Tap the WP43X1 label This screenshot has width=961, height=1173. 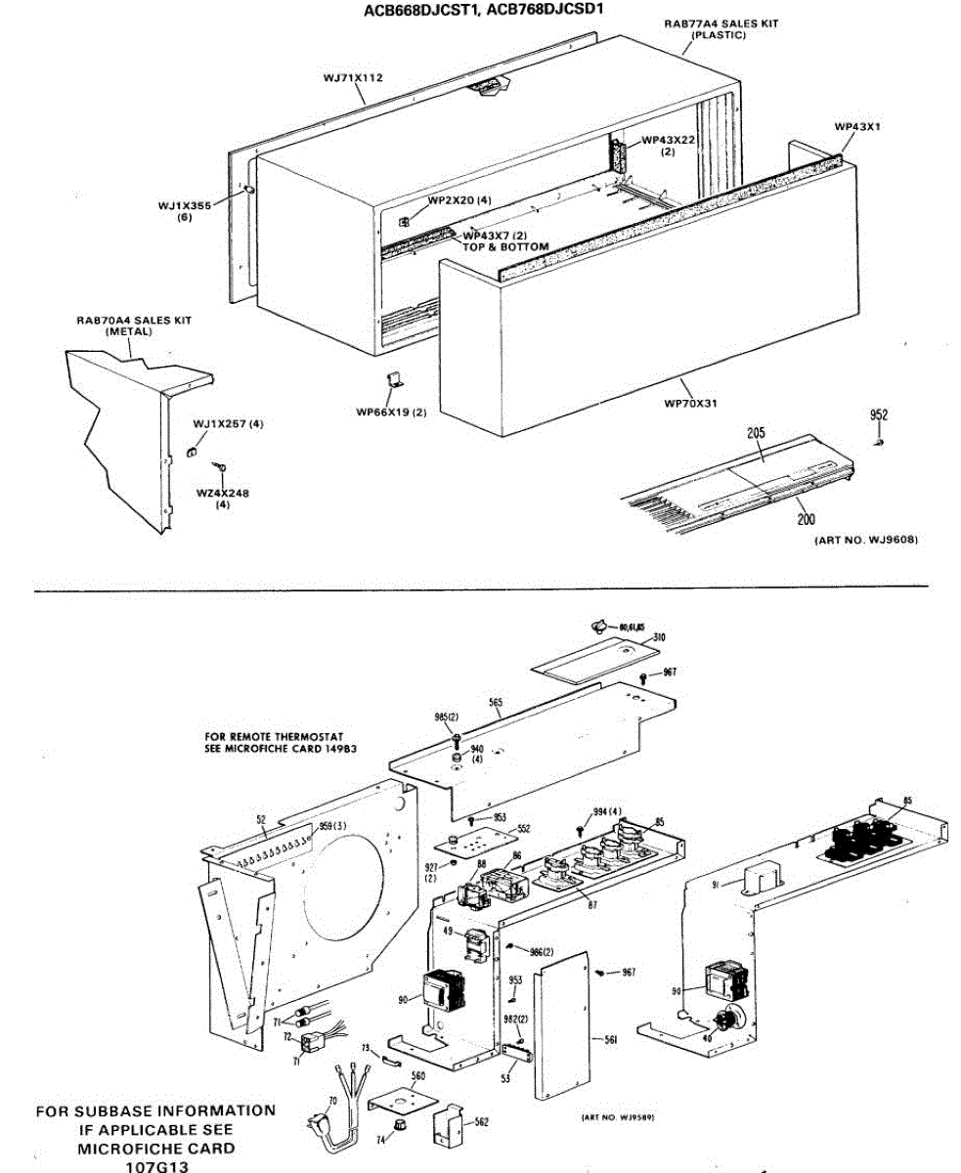click(857, 127)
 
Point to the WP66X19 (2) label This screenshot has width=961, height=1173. click(392, 412)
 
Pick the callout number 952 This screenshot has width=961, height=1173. click(879, 415)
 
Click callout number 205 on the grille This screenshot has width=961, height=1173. click(757, 432)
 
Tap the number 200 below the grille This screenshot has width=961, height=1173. click(807, 520)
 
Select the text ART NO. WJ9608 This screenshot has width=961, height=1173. click(866, 540)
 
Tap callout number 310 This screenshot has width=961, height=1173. click(660, 637)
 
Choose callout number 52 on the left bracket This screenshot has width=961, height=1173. click(261, 819)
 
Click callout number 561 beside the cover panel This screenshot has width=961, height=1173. click(610, 1040)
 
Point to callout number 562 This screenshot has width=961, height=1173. click(481, 1122)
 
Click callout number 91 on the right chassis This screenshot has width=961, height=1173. click(716, 885)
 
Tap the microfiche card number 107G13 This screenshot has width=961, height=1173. click(155, 1166)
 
